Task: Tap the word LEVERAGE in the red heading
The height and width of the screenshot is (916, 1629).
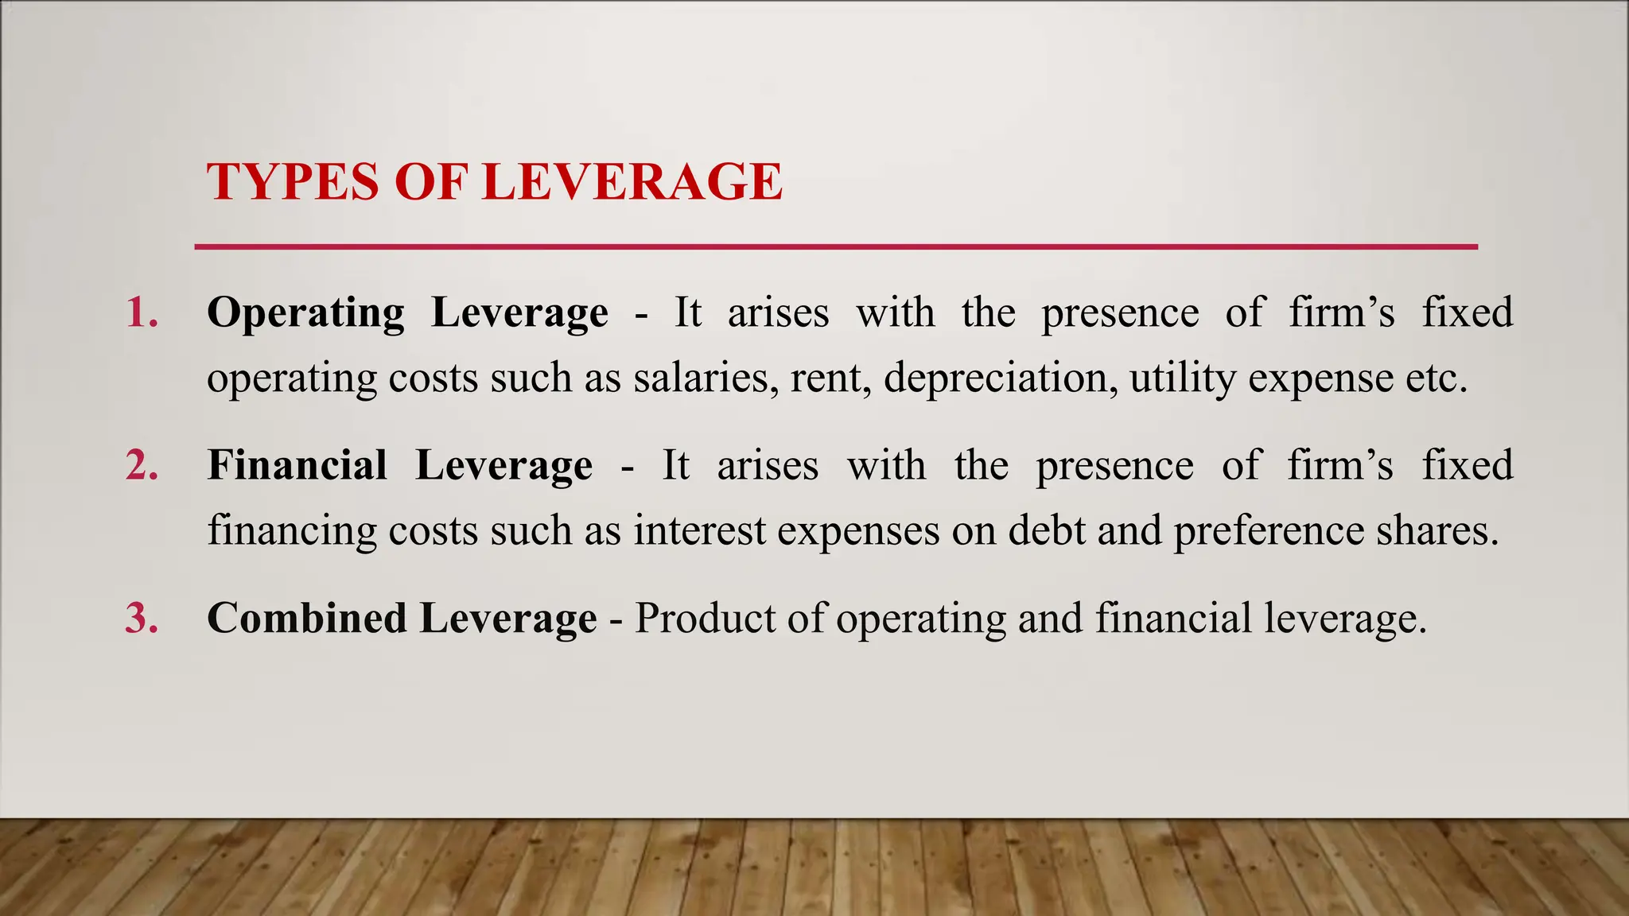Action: (632, 182)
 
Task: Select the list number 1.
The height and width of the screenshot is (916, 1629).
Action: (142, 312)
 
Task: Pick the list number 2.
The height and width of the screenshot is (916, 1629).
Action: (142, 465)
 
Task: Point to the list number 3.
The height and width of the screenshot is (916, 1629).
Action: (142, 618)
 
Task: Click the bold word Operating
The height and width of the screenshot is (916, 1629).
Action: (305, 312)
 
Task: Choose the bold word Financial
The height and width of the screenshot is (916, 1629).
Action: (297, 465)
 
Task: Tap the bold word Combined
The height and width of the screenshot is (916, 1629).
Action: (306, 618)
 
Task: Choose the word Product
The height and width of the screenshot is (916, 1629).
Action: (705, 618)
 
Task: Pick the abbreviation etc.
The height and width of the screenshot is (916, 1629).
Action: (1436, 378)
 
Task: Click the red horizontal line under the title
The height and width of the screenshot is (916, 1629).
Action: (835, 247)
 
